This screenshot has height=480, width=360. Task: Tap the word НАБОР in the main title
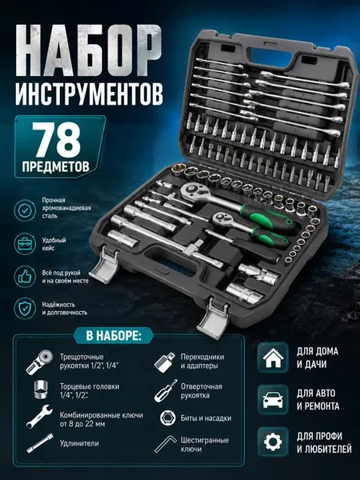pyautogui.click(x=89, y=50)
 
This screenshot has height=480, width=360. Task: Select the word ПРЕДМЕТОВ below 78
pyautogui.click(x=56, y=166)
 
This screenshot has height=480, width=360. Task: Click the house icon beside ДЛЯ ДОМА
pyautogui.click(x=273, y=358)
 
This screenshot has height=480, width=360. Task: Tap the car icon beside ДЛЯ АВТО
pyautogui.click(x=273, y=400)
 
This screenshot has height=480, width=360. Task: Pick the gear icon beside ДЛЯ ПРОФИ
pyautogui.click(x=273, y=442)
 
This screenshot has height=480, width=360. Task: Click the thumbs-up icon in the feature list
pyautogui.click(x=25, y=277)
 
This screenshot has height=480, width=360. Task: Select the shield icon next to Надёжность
pyautogui.click(x=25, y=308)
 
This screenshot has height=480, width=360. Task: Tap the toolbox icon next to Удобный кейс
pyautogui.click(x=25, y=244)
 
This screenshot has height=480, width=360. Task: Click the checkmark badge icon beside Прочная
pyautogui.click(x=25, y=210)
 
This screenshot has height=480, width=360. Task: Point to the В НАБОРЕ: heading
pyautogui.click(x=114, y=336)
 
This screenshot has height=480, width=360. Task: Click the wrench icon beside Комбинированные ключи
pyautogui.click(x=39, y=416)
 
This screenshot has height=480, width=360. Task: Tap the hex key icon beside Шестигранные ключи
pyautogui.click(x=165, y=444)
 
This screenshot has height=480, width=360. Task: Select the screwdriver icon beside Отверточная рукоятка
pyautogui.click(x=166, y=390)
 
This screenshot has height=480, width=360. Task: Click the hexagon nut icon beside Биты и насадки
pyautogui.click(x=168, y=418)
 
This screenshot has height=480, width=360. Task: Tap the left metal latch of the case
pyautogui.click(x=103, y=265)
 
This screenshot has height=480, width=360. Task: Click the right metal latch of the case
pyautogui.click(x=214, y=318)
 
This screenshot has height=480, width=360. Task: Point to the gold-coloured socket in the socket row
pyautogui.click(x=178, y=170)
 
